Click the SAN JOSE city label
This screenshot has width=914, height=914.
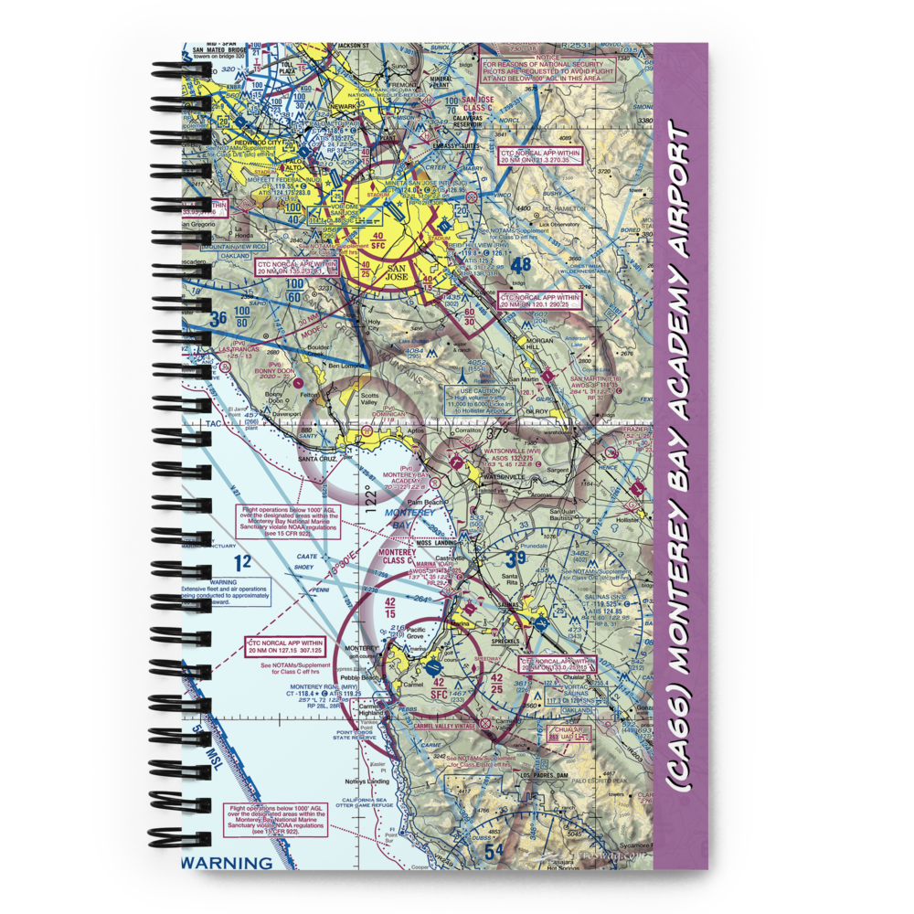point(398,271)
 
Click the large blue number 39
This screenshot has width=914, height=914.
point(515,558)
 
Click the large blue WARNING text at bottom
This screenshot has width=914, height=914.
point(227,862)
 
